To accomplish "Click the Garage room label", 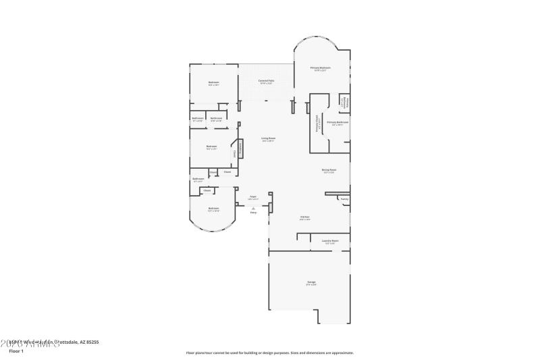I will point(311,282).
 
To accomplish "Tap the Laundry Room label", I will point(329,240).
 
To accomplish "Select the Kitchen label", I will point(304,217).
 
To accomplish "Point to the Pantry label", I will point(344,199).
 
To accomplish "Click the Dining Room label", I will point(329,170).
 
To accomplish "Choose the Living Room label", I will point(268,139).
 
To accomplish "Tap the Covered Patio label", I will point(267,81).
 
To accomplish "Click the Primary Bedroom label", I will point(320,68).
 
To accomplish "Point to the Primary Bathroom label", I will point(337,122).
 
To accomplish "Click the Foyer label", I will point(253,197).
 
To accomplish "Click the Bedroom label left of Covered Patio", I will point(213,83).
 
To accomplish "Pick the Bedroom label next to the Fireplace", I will point(212,147).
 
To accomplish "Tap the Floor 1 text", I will point(16,351).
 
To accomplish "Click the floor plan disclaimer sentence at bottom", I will point(269,353).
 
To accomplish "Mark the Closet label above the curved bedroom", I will point(207,190).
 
